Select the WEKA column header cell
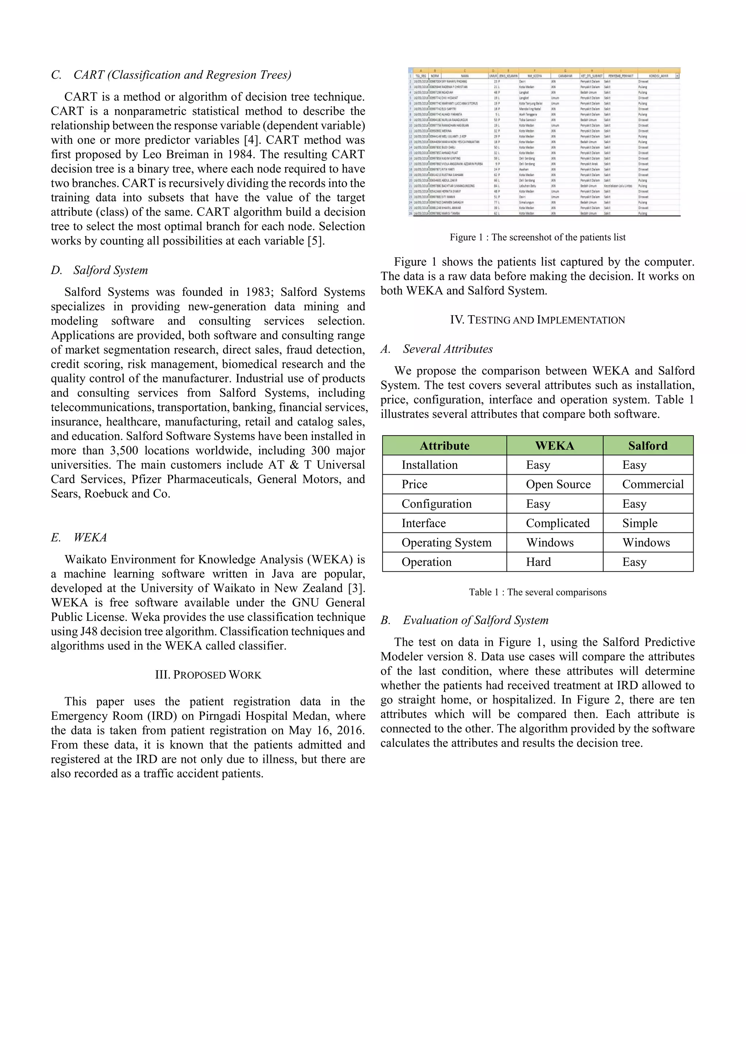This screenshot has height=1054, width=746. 554,446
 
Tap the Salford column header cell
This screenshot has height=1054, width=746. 648,446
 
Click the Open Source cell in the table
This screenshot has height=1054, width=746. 558,484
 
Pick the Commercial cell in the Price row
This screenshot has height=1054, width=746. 652,484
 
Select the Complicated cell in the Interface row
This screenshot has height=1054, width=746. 558,523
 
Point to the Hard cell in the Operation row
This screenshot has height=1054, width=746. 538,562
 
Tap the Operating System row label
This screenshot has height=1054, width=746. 446,543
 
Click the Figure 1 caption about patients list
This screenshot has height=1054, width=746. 537,237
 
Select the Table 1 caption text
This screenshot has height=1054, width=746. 537,592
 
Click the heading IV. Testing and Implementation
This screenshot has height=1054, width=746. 537,320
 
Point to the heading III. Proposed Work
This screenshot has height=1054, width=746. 208,675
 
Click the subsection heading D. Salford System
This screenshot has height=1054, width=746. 100,270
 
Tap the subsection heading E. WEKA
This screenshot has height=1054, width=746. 79,538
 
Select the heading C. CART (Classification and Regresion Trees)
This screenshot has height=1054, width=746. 171,75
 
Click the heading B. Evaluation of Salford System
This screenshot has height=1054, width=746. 464,620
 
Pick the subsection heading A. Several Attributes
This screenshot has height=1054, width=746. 436,349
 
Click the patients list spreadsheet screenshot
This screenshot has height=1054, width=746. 544,142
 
